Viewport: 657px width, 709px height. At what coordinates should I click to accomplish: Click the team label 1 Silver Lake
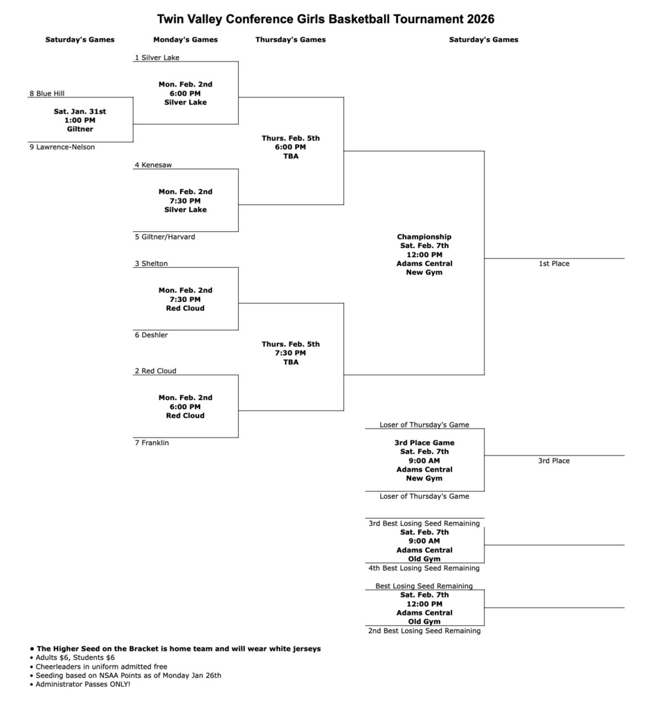[157, 57]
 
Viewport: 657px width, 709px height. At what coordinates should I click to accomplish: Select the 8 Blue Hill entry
[47, 93]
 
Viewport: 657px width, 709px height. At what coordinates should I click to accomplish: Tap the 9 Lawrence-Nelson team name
[62, 147]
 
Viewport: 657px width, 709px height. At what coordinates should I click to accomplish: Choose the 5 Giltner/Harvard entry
[165, 237]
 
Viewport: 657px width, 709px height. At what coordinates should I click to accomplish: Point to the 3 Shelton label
[151, 264]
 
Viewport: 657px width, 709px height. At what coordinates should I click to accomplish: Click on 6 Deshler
[151, 335]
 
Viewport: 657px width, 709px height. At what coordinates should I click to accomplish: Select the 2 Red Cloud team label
[156, 371]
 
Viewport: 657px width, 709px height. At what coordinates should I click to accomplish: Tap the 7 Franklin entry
[152, 442]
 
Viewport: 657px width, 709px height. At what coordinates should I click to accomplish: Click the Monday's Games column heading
[186, 39]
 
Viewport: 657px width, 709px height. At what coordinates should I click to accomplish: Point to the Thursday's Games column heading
[291, 39]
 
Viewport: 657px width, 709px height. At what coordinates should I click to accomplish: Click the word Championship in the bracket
[424, 237]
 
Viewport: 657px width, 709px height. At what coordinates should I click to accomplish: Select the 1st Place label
[554, 264]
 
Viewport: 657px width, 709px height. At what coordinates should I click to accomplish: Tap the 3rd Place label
[554, 460]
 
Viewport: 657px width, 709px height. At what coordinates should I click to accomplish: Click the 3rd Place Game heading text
[424, 442]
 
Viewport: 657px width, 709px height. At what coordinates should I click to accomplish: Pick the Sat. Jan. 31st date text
[80, 111]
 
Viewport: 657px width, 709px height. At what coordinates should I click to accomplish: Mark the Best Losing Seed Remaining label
[424, 586]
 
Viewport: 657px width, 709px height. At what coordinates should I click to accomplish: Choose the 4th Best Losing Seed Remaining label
[424, 568]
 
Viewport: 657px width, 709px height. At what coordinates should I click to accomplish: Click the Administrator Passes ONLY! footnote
[82, 684]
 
